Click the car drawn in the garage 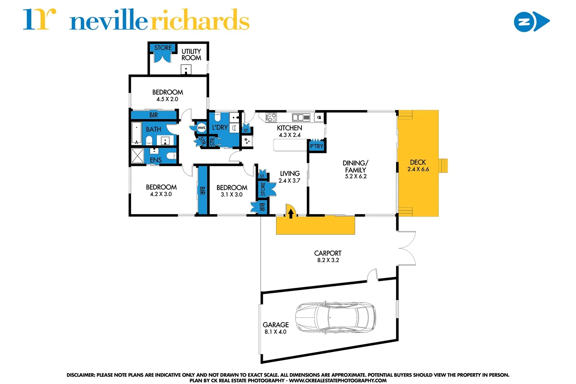pos(335,318)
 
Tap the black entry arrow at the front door pos(291,214)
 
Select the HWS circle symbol pos(201,128)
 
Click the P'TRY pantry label pos(316,146)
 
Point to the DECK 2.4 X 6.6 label pos(418,165)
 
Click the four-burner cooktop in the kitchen pos(271,117)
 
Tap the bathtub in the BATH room pos(136,133)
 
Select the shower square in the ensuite pos(137,155)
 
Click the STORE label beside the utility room pos(163,48)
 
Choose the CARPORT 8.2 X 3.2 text pos(328,256)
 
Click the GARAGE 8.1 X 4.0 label pos(275,328)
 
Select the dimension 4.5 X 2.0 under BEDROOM pos(167,99)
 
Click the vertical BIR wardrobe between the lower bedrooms pos(202,190)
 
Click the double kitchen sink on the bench pos(298,117)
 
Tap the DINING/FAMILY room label pos(355,169)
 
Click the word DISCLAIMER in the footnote pos(80,375)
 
